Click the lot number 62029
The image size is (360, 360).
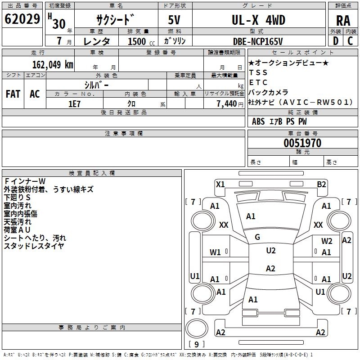22,19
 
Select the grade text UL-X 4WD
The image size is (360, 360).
258,20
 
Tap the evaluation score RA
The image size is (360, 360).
343,21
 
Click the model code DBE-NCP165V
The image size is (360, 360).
258,41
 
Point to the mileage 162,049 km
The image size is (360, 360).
53,64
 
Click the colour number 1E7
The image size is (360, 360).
74,103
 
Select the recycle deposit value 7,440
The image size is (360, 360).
226,103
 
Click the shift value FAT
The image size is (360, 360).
13,94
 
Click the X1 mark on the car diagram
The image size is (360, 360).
220,184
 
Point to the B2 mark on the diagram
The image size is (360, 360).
321,184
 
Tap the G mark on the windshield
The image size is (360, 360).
257,237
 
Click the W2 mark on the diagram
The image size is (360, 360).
327,241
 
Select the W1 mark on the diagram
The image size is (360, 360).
216,252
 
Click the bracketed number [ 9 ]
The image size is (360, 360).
196,344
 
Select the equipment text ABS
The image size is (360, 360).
258,121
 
